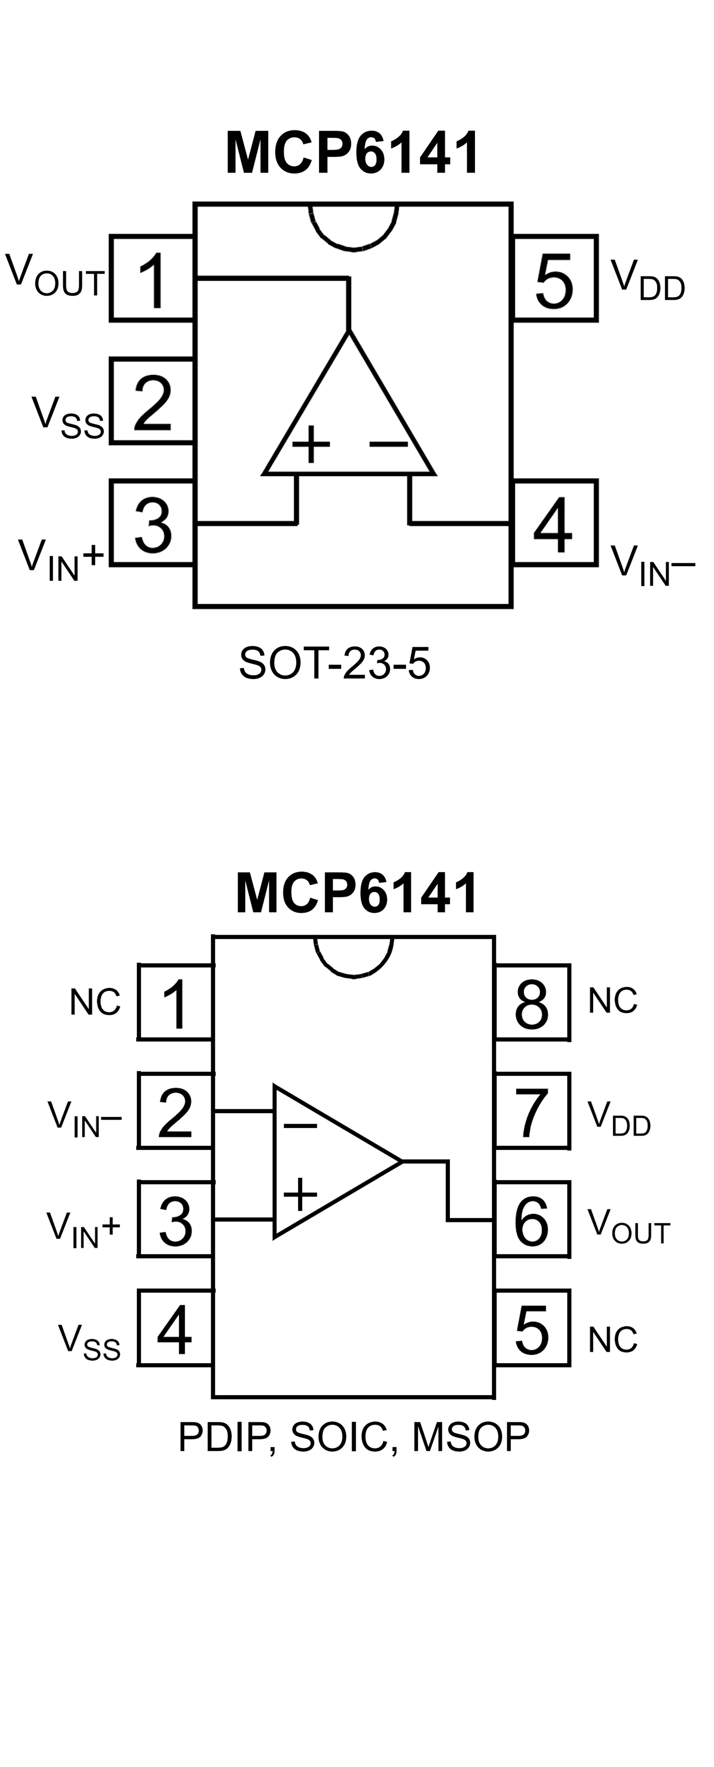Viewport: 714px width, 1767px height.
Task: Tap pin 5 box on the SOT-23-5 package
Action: click(x=555, y=278)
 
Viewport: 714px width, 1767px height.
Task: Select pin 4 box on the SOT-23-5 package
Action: click(x=555, y=523)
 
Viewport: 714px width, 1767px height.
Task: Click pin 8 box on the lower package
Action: click(x=532, y=1002)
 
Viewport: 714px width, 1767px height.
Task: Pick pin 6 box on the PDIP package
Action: click(x=532, y=1220)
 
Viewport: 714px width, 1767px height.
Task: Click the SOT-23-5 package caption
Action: click(x=334, y=663)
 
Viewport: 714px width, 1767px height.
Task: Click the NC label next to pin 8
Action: click(x=613, y=1001)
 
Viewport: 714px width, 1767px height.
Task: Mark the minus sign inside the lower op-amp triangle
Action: click(x=300, y=1126)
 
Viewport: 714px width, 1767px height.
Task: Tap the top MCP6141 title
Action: click(x=353, y=153)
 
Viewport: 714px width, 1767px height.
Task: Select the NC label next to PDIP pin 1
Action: click(x=95, y=1002)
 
